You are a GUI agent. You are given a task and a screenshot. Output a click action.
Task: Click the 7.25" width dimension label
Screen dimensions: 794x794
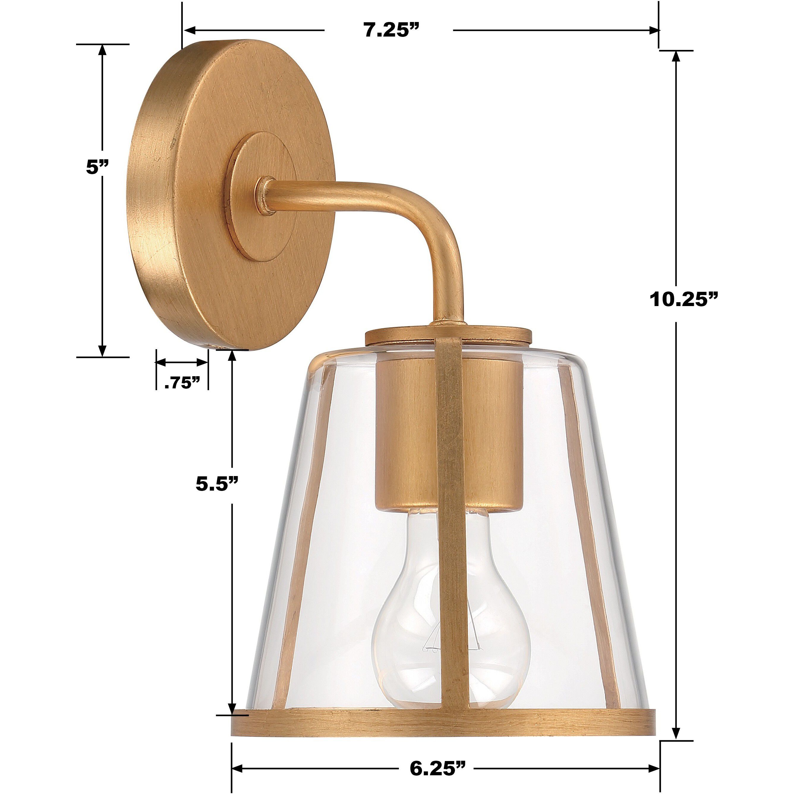(x=388, y=30)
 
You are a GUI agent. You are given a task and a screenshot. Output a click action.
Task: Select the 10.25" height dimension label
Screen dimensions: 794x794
(x=683, y=299)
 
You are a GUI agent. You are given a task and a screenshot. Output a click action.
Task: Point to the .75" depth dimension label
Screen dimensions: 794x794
(x=182, y=383)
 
